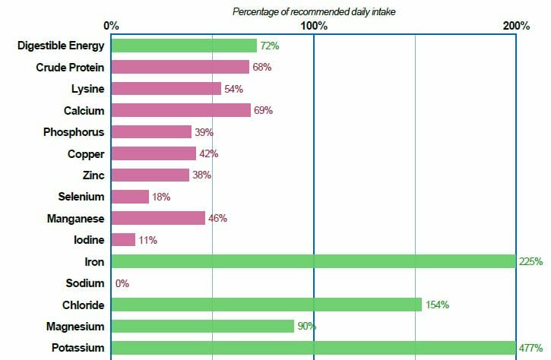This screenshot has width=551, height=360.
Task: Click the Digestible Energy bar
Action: [184, 46]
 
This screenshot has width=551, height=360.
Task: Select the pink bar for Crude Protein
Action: [180, 67]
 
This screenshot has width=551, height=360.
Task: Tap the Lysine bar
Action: [166, 89]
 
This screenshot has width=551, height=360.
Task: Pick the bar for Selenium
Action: [130, 197]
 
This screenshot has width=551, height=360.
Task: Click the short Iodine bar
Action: [123, 240]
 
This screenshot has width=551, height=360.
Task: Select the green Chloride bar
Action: [267, 305]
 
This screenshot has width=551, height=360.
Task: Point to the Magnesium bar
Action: [203, 326]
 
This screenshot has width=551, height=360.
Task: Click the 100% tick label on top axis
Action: [314, 26]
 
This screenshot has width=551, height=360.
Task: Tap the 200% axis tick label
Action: [516, 26]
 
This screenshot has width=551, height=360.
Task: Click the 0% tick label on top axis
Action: [112, 26]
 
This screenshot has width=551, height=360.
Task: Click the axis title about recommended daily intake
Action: [314, 11]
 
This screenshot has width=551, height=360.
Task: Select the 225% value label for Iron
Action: [530, 262]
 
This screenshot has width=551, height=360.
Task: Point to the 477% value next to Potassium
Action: [530, 348]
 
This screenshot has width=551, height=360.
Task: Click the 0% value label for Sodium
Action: [122, 283]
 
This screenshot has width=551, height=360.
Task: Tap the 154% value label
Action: [437, 305]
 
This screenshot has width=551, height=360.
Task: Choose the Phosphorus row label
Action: [74, 132]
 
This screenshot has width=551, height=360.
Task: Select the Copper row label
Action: [86, 153]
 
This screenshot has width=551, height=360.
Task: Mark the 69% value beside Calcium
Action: [263, 110]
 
